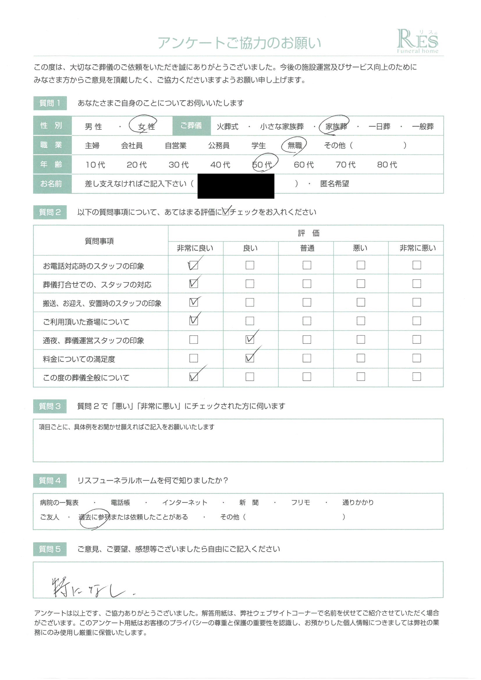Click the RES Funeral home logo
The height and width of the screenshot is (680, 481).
[x=417, y=41]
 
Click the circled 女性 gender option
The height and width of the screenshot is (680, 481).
[x=146, y=127]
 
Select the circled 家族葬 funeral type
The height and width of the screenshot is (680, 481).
[x=336, y=127]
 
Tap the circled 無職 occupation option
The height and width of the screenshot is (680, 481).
[x=294, y=145]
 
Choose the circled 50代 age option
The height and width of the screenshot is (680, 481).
[x=262, y=164]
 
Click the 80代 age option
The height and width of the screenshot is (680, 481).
[x=387, y=164]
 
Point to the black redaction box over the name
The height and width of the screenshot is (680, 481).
[x=236, y=186]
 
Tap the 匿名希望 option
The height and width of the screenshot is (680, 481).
[x=334, y=184]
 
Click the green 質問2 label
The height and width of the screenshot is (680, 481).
[x=50, y=212]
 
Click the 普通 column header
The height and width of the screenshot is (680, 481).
[x=307, y=248]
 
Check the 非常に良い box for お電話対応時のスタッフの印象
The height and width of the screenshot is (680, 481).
[x=193, y=265]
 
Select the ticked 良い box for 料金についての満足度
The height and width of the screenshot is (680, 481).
[x=250, y=358]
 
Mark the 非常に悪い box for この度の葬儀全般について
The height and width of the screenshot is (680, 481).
[x=416, y=377]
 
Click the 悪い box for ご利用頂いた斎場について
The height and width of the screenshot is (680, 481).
[x=361, y=321]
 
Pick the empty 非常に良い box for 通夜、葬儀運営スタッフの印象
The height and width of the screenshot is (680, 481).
[x=194, y=339]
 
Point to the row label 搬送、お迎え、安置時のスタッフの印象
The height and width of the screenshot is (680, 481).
[x=102, y=303]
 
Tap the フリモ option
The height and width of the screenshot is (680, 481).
[x=300, y=503]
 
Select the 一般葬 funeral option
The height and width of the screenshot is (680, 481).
[x=422, y=127]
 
